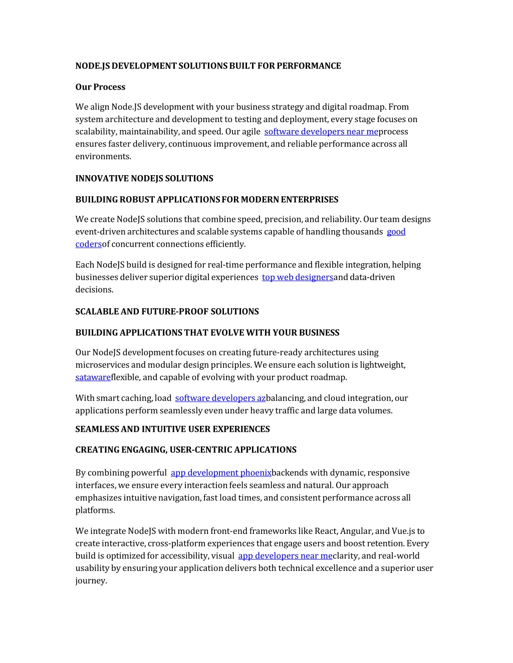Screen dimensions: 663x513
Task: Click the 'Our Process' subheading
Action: tap(100, 87)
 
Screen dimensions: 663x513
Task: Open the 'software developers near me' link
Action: tap(321, 132)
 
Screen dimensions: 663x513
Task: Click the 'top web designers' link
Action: tap(298, 277)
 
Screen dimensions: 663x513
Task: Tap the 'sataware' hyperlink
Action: tap(93, 377)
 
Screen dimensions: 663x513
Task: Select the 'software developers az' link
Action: tap(220, 398)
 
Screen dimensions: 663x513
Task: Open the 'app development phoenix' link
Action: tap(221, 473)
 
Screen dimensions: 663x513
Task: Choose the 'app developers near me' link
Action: tap(285, 556)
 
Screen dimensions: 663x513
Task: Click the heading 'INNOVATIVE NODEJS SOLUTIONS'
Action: tap(144, 179)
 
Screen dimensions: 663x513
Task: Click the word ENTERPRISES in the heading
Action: tap(309, 200)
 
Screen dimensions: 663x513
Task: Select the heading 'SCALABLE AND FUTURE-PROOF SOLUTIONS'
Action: tap(167, 312)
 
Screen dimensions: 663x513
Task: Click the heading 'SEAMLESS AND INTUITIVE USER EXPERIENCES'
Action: tap(172, 429)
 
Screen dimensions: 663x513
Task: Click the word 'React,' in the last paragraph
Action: tap(326, 531)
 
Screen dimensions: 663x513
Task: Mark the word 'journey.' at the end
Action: tap(91, 581)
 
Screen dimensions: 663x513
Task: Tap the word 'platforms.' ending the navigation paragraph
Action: tap(95, 510)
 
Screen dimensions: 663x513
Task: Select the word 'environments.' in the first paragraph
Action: tap(103, 157)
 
